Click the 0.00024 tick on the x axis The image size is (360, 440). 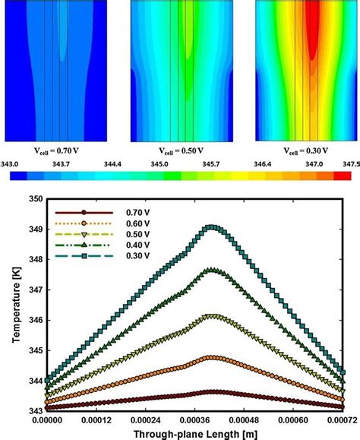tap(151, 418)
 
